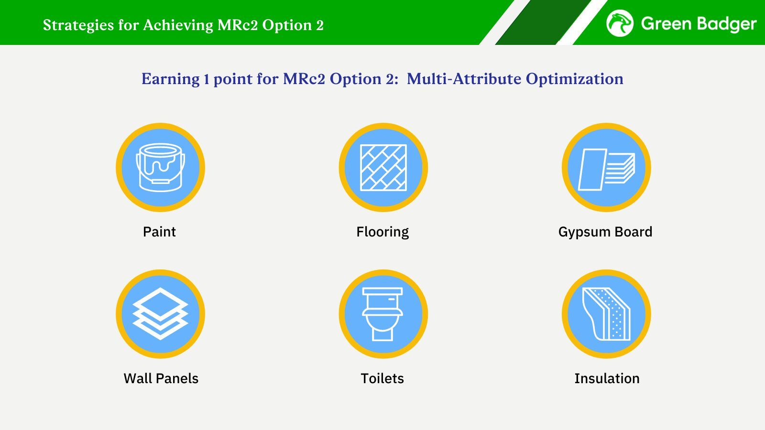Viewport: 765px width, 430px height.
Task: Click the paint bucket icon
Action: coord(161,167)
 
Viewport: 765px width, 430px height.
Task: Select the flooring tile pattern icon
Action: coord(383,167)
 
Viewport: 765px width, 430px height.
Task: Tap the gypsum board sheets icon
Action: coord(606,169)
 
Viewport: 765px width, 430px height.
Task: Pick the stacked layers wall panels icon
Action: coord(160,313)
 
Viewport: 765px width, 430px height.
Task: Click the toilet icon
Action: coord(382,314)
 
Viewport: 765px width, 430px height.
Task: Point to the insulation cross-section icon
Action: coord(606,314)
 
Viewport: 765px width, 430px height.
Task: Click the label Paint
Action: coord(159,232)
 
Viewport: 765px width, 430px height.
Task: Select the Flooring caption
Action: coord(382,232)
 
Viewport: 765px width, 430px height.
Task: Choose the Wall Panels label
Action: coord(161,378)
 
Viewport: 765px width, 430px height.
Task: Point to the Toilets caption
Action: coord(382,378)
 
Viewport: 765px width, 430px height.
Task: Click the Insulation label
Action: coord(607,378)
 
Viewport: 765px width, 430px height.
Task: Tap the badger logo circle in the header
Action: coord(620,23)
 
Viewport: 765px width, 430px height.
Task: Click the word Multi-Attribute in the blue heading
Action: coord(464,79)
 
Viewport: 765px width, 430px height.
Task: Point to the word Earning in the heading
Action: coord(170,79)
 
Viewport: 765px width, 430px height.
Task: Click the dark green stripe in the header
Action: coord(543,22)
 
